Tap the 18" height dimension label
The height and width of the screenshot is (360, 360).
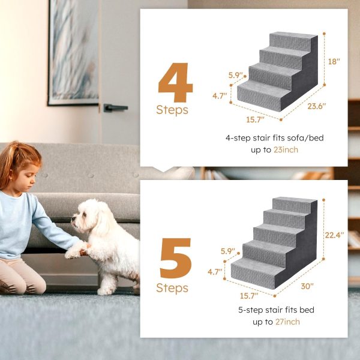click(335, 61)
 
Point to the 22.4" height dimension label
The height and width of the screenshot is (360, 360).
click(336, 235)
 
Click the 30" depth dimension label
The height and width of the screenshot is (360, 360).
click(307, 286)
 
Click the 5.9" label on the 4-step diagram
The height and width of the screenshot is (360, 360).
click(236, 76)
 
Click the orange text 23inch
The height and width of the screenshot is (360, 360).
click(286, 149)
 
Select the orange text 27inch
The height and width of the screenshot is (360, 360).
click(287, 322)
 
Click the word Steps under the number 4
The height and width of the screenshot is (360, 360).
click(172, 110)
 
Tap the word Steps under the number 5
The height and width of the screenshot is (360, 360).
click(173, 289)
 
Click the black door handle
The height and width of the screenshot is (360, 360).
click(115, 108)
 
